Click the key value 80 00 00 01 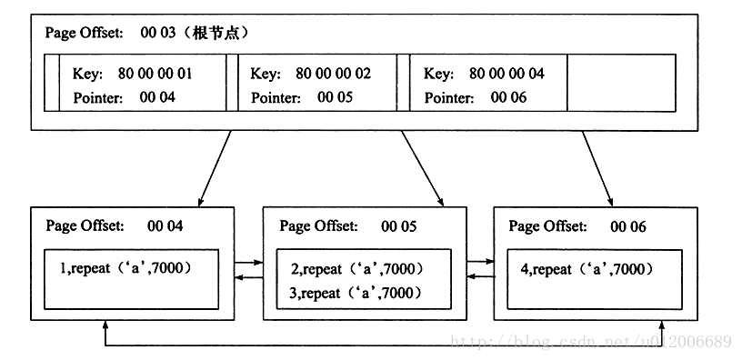click(x=155, y=73)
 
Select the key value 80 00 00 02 click(x=333, y=73)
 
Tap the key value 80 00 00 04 click(x=507, y=73)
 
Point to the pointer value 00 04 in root click(x=157, y=97)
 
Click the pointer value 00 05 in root click(x=336, y=97)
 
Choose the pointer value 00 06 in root click(x=509, y=97)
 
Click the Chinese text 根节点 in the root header click(x=221, y=33)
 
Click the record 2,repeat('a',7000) click(x=357, y=269)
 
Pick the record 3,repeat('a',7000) click(x=357, y=292)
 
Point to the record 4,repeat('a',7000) click(x=588, y=269)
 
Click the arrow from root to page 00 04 click(x=215, y=167)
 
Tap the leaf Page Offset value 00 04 click(x=165, y=225)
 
